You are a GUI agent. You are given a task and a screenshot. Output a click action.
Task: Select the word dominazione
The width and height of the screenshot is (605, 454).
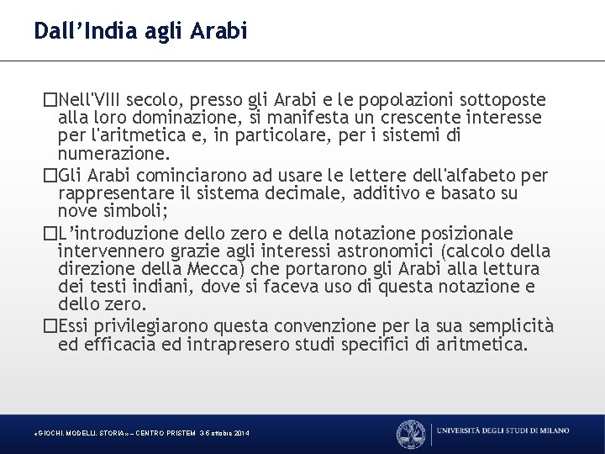tap(167, 117)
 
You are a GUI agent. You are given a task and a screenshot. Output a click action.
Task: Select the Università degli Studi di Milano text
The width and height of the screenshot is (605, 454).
tap(503, 430)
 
